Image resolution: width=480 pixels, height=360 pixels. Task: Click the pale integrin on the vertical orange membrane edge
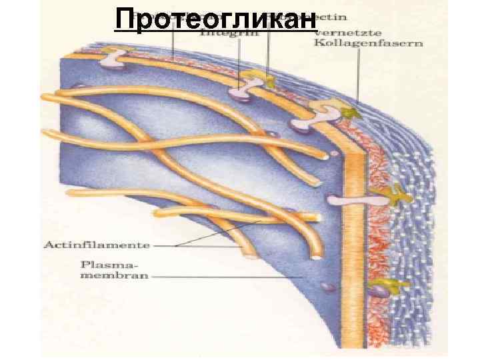tap(344, 198)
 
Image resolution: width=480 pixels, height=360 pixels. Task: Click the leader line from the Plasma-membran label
tap(227, 275)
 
